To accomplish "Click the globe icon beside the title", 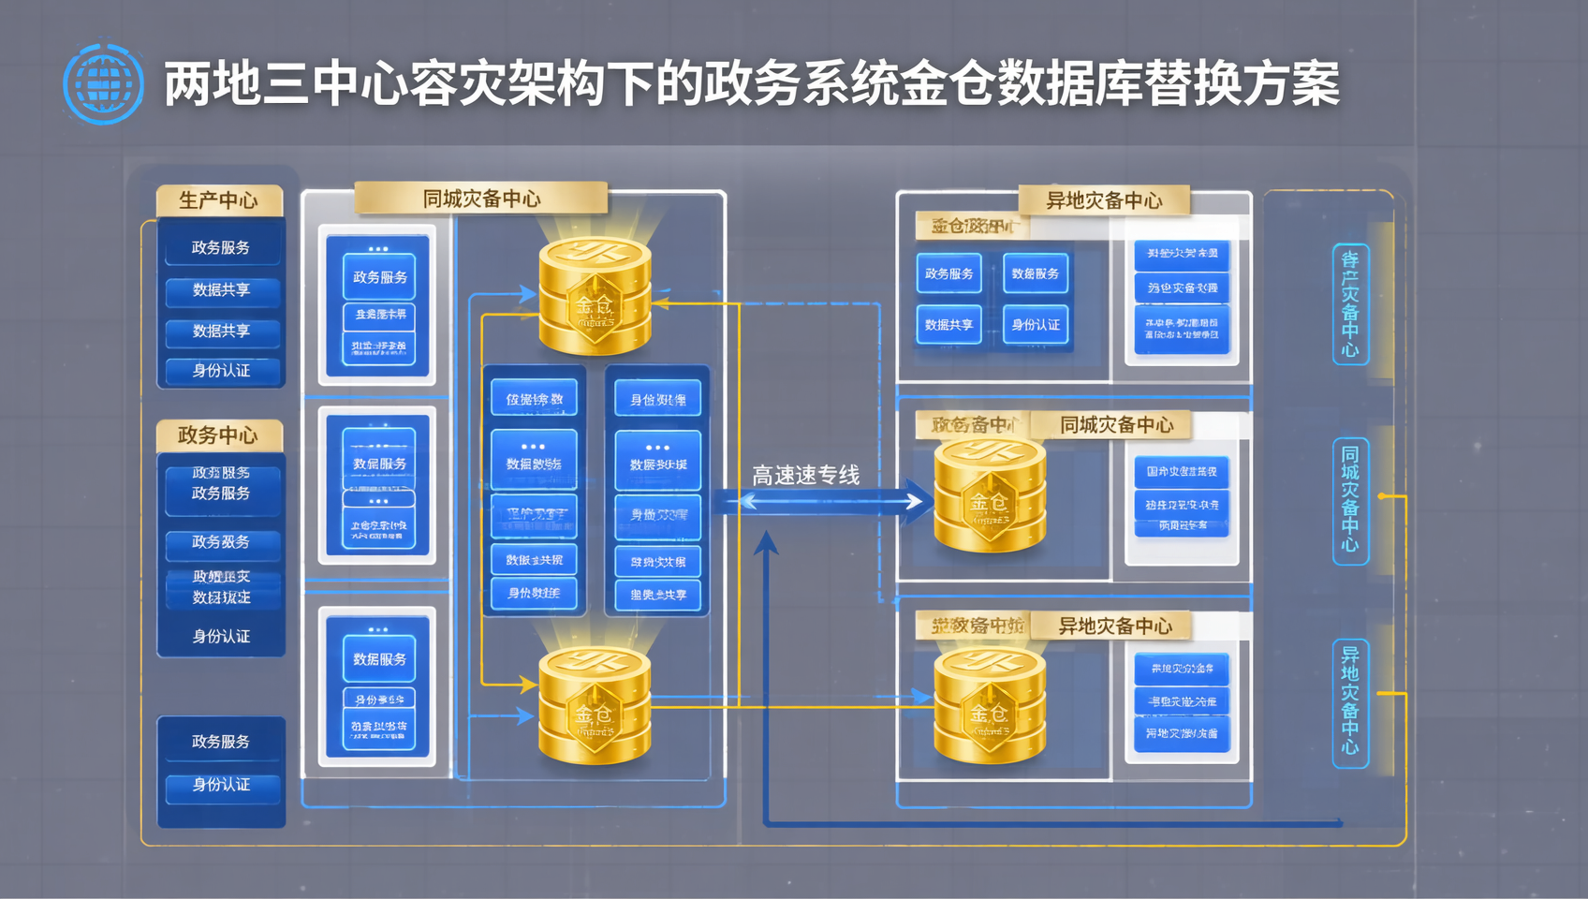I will point(103,83).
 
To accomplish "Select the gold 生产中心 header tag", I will point(219,200).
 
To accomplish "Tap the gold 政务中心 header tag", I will point(219,435).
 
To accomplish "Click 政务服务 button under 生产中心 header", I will point(221,248).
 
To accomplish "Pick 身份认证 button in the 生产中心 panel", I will point(222,371).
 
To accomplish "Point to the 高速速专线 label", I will point(805,476).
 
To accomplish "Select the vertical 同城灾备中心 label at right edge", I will point(1350,501).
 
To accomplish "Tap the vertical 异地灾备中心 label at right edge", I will point(1350,702).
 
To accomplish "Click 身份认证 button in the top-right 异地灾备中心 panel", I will point(1036,325).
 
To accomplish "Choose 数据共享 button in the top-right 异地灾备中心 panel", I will point(948,325).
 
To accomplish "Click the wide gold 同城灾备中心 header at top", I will point(481,199).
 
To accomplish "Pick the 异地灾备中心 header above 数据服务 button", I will point(1104,200).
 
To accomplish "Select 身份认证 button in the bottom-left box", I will point(222,785).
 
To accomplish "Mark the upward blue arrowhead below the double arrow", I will point(766,543).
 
